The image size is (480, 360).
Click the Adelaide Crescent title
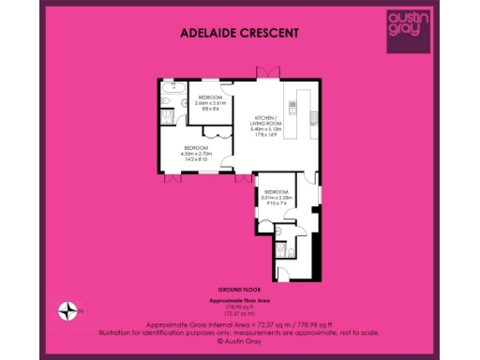(239, 33)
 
